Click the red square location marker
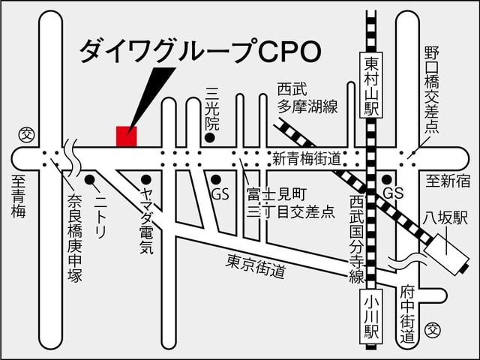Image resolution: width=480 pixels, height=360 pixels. tap(127, 136)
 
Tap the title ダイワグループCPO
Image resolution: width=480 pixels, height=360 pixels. tap(200, 50)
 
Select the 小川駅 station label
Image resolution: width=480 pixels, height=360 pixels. tap(371, 314)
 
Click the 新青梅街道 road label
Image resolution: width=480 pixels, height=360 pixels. tap(306, 159)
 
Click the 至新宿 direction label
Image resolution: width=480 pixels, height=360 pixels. tap(448, 181)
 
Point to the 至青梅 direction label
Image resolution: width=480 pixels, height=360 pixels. tap(18, 196)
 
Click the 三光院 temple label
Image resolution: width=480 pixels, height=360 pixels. tap(211, 110)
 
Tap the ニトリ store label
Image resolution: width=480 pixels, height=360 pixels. tap(101, 214)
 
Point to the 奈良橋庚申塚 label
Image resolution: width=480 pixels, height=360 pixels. tap(73, 238)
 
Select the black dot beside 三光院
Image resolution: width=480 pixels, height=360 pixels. tap(211, 138)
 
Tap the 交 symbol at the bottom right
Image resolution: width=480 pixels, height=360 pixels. tap(433, 328)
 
